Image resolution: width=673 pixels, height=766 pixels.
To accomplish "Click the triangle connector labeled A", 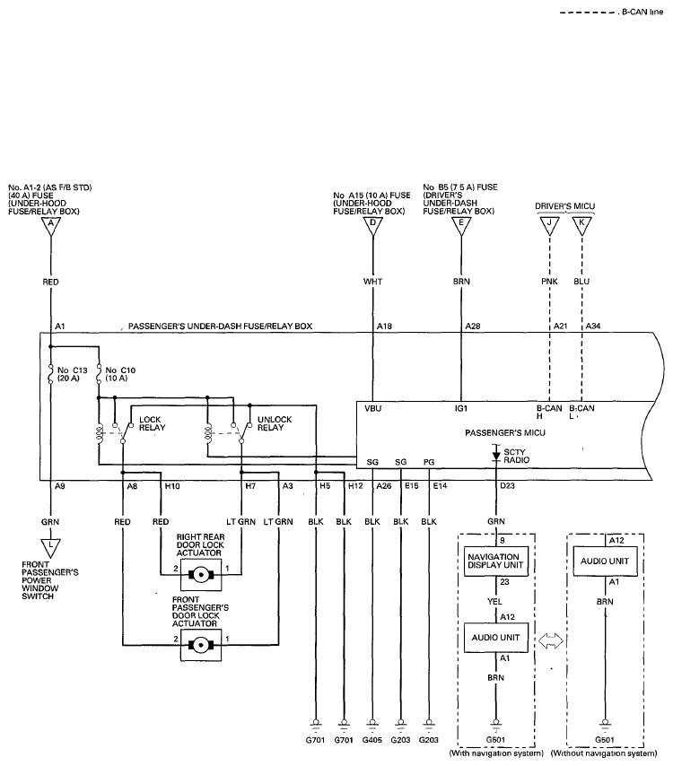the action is coord(51,225).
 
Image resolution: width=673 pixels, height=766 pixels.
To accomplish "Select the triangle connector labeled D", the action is coord(373,225).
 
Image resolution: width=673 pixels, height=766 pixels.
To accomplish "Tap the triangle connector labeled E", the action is coord(461,225).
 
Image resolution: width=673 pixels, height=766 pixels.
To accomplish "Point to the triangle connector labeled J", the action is coord(550,225).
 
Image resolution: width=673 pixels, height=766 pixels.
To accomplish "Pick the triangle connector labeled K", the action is coord(581,225).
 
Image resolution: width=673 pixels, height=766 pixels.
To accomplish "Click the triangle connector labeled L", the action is coord(50,547).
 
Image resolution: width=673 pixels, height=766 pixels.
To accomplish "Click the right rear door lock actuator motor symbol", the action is coord(200,574).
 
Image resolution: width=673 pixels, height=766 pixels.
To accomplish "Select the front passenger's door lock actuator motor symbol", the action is coord(200,645).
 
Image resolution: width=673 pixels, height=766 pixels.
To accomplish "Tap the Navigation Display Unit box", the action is coord(495,561).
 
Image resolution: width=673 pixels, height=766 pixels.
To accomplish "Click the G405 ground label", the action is coord(371,740).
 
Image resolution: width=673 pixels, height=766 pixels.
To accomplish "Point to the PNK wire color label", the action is coord(549,282).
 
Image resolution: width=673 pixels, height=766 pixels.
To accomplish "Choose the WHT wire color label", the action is coord(373,282).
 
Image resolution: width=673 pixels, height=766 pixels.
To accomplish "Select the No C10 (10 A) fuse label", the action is coord(120,374).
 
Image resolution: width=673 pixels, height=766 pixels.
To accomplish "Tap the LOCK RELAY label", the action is coord(153,423).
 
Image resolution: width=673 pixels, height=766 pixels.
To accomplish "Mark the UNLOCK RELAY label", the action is coord(275,423).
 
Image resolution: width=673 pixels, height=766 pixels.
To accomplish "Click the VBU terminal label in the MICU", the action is coord(373,408).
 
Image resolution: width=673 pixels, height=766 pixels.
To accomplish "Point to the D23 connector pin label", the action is coord(507,485).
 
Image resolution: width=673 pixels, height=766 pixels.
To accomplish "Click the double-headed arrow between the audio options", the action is coord(551,640).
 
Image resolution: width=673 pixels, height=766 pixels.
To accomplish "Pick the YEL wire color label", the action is coord(494,602).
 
